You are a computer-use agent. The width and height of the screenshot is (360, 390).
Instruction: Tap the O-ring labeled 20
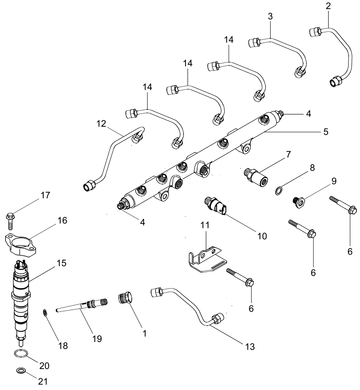pyautogui.click(x=20, y=354)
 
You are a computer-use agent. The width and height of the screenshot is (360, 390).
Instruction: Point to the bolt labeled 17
pyautogui.click(x=11, y=220)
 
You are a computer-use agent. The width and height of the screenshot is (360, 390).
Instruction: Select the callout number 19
pyautogui.click(x=97, y=339)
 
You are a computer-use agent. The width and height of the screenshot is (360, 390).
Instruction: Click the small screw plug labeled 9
pyautogui.click(x=299, y=201)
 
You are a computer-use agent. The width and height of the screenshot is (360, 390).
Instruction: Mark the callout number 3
pyautogui.click(x=270, y=16)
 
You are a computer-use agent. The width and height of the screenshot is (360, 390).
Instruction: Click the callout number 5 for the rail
pyautogui.click(x=325, y=132)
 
